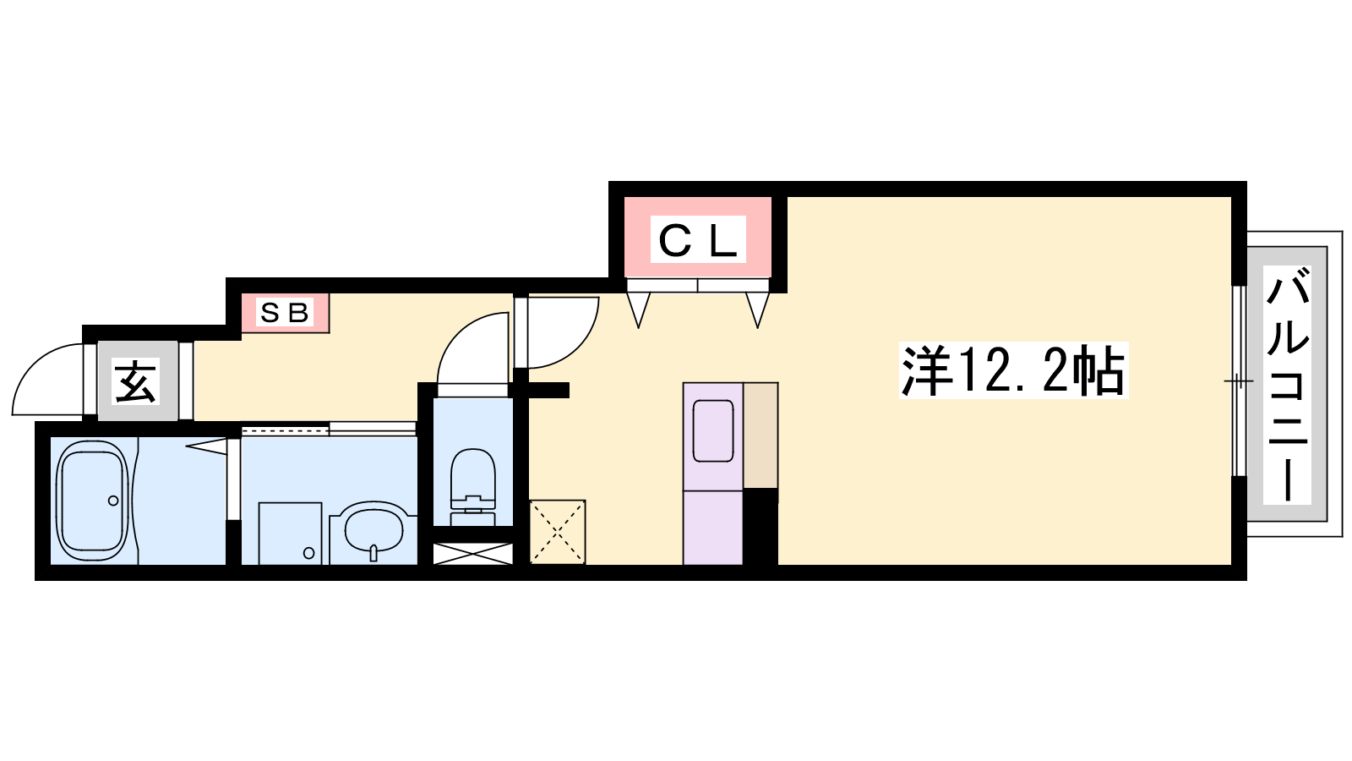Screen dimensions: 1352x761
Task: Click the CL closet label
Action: [x=698, y=239]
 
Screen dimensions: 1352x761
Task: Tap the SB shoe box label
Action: [x=284, y=312]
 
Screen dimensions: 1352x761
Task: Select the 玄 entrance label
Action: [x=137, y=381]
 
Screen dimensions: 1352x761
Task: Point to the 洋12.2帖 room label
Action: [x=1013, y=370]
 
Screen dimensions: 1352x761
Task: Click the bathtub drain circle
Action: [x=113, y=501]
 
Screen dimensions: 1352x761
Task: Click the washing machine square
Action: [x=290, y=534]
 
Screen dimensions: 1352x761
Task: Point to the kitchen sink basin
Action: [x=713, y=430]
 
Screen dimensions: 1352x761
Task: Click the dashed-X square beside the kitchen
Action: [x=557, y=532]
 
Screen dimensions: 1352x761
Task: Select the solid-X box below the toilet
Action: [x=473, y=554]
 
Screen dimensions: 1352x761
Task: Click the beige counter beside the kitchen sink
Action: [x=760, y=435]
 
